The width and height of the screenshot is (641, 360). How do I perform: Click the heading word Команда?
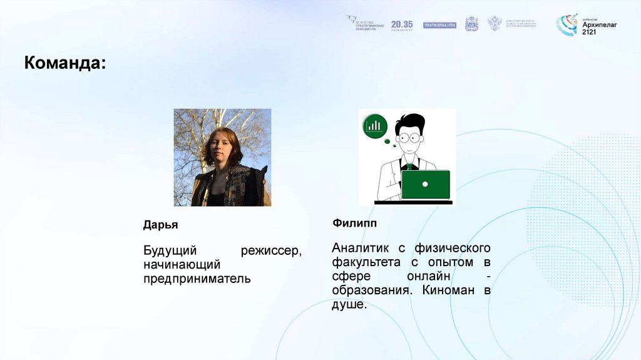(x=64, y=63)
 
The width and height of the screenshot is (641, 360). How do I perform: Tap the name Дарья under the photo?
(x=161, y=225)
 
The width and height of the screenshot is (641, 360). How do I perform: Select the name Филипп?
(x=354, y=223)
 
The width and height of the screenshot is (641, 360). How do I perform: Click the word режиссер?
(x=271, y=251)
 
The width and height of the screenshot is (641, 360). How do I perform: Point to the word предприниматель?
(x=197, y=279)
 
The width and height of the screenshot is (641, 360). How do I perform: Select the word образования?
(x=371, y=291)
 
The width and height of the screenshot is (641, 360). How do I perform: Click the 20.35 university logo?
(x=402, y=24)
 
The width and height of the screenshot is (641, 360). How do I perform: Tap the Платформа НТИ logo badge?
(x=439, y=25)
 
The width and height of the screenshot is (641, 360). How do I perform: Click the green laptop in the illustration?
(x=425, y=184)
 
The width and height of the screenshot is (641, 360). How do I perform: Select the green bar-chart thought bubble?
(x=375, y=126)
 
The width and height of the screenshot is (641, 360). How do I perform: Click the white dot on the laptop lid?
(x=425, y=184)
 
